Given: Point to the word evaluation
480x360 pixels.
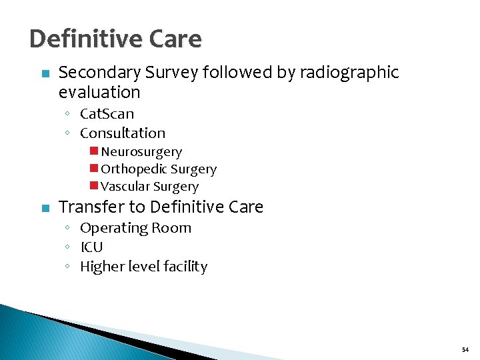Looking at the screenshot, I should tap(99, 92).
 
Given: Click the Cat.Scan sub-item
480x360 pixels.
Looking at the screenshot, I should tap(107, 114).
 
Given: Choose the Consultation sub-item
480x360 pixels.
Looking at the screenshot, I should tap(123, 133).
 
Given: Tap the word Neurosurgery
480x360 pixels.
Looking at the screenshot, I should tap(141, 153).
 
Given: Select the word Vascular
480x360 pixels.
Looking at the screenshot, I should tap(125, 187).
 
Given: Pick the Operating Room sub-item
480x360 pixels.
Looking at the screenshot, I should tap(135, 228).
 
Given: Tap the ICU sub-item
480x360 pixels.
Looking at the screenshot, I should tap(91, 247).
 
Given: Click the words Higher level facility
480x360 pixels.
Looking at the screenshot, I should tap(143, 267).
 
